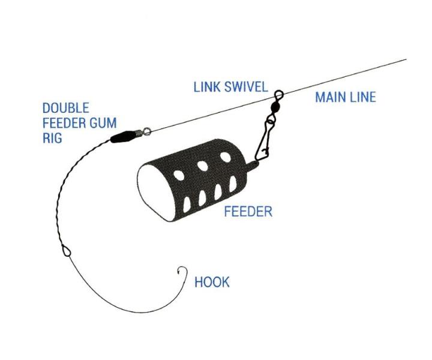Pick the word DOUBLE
65,108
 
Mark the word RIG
52,138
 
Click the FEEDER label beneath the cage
248,212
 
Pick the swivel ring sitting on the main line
278,94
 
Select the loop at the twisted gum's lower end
67,250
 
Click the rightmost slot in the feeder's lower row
232,188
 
